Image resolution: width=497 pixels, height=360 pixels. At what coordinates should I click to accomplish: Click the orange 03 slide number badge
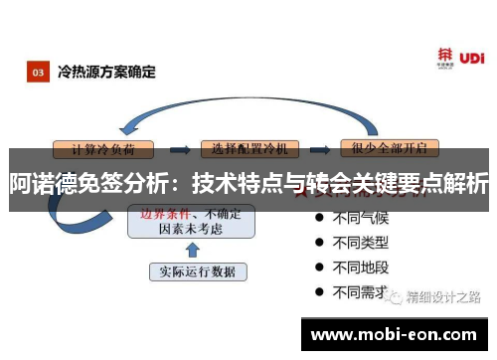tap(37, 73)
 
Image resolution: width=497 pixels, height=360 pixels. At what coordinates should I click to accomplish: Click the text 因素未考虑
tap(190, 228)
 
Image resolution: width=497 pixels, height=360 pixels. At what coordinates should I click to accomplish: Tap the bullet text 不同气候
tap(360, 216)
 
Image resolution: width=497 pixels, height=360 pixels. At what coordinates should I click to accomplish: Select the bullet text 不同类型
tap(360, 242)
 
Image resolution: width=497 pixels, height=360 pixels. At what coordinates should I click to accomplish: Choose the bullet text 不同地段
tap(360, 267)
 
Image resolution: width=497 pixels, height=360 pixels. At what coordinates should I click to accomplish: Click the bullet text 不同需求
tap(360, 292)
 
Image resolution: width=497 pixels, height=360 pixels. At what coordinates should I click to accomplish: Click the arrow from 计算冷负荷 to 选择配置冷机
tap(181, 149)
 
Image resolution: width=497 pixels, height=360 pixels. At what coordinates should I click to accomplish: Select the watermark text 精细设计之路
tap(444, 296)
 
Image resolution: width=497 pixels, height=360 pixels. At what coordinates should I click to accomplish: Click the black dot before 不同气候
tap(319, 216)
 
